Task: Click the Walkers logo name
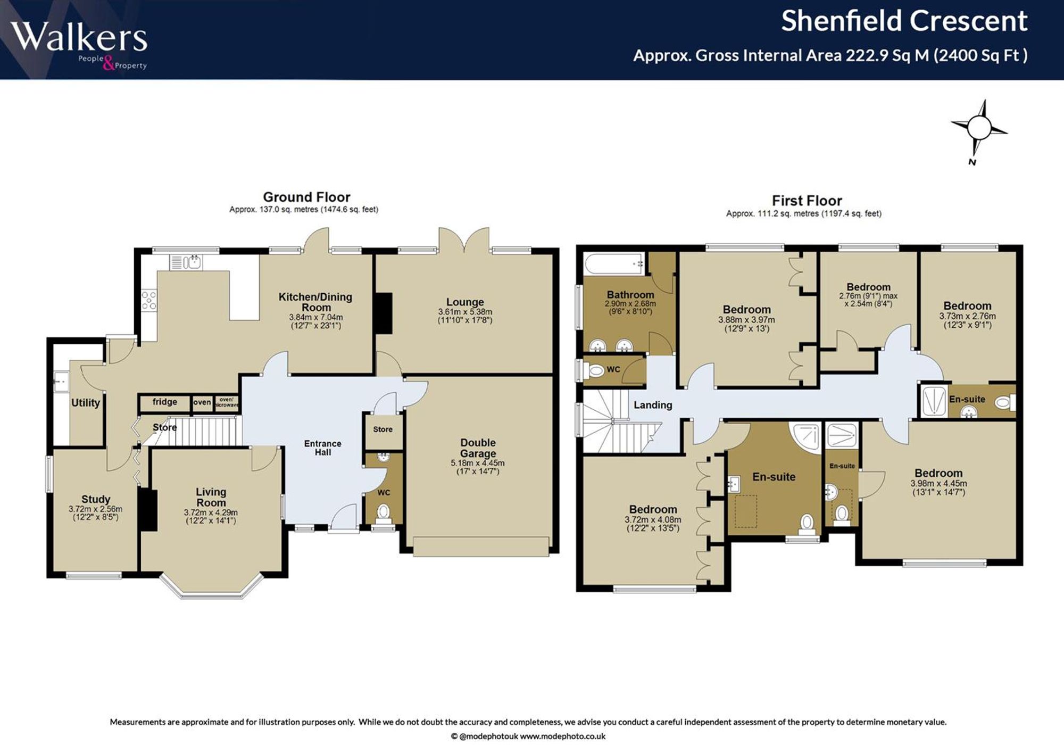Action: click(x=79, y=37)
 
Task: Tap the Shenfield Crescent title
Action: click(x=904, y=21)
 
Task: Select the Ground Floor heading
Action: click(x=306, y=197)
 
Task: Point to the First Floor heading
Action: click(x=807, y=201)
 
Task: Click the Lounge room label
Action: click(x=465, y=302)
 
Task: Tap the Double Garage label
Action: click(x=478, y=448)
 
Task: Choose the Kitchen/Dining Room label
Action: click(x=315, y=302)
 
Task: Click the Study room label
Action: click(x=96, y=499)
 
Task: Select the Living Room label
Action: click(x=211, y=497)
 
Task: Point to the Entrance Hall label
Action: click(x=323, y=448)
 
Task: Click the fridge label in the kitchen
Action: click(x=165, y=402)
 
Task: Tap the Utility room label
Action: click(x=86, y=403)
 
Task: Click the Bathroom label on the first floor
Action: click(x=630, y=294)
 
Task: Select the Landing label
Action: click(x=653, y=405)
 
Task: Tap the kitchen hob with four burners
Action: click(x=149, y=300)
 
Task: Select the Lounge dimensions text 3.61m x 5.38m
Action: click(x=465, y=312)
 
